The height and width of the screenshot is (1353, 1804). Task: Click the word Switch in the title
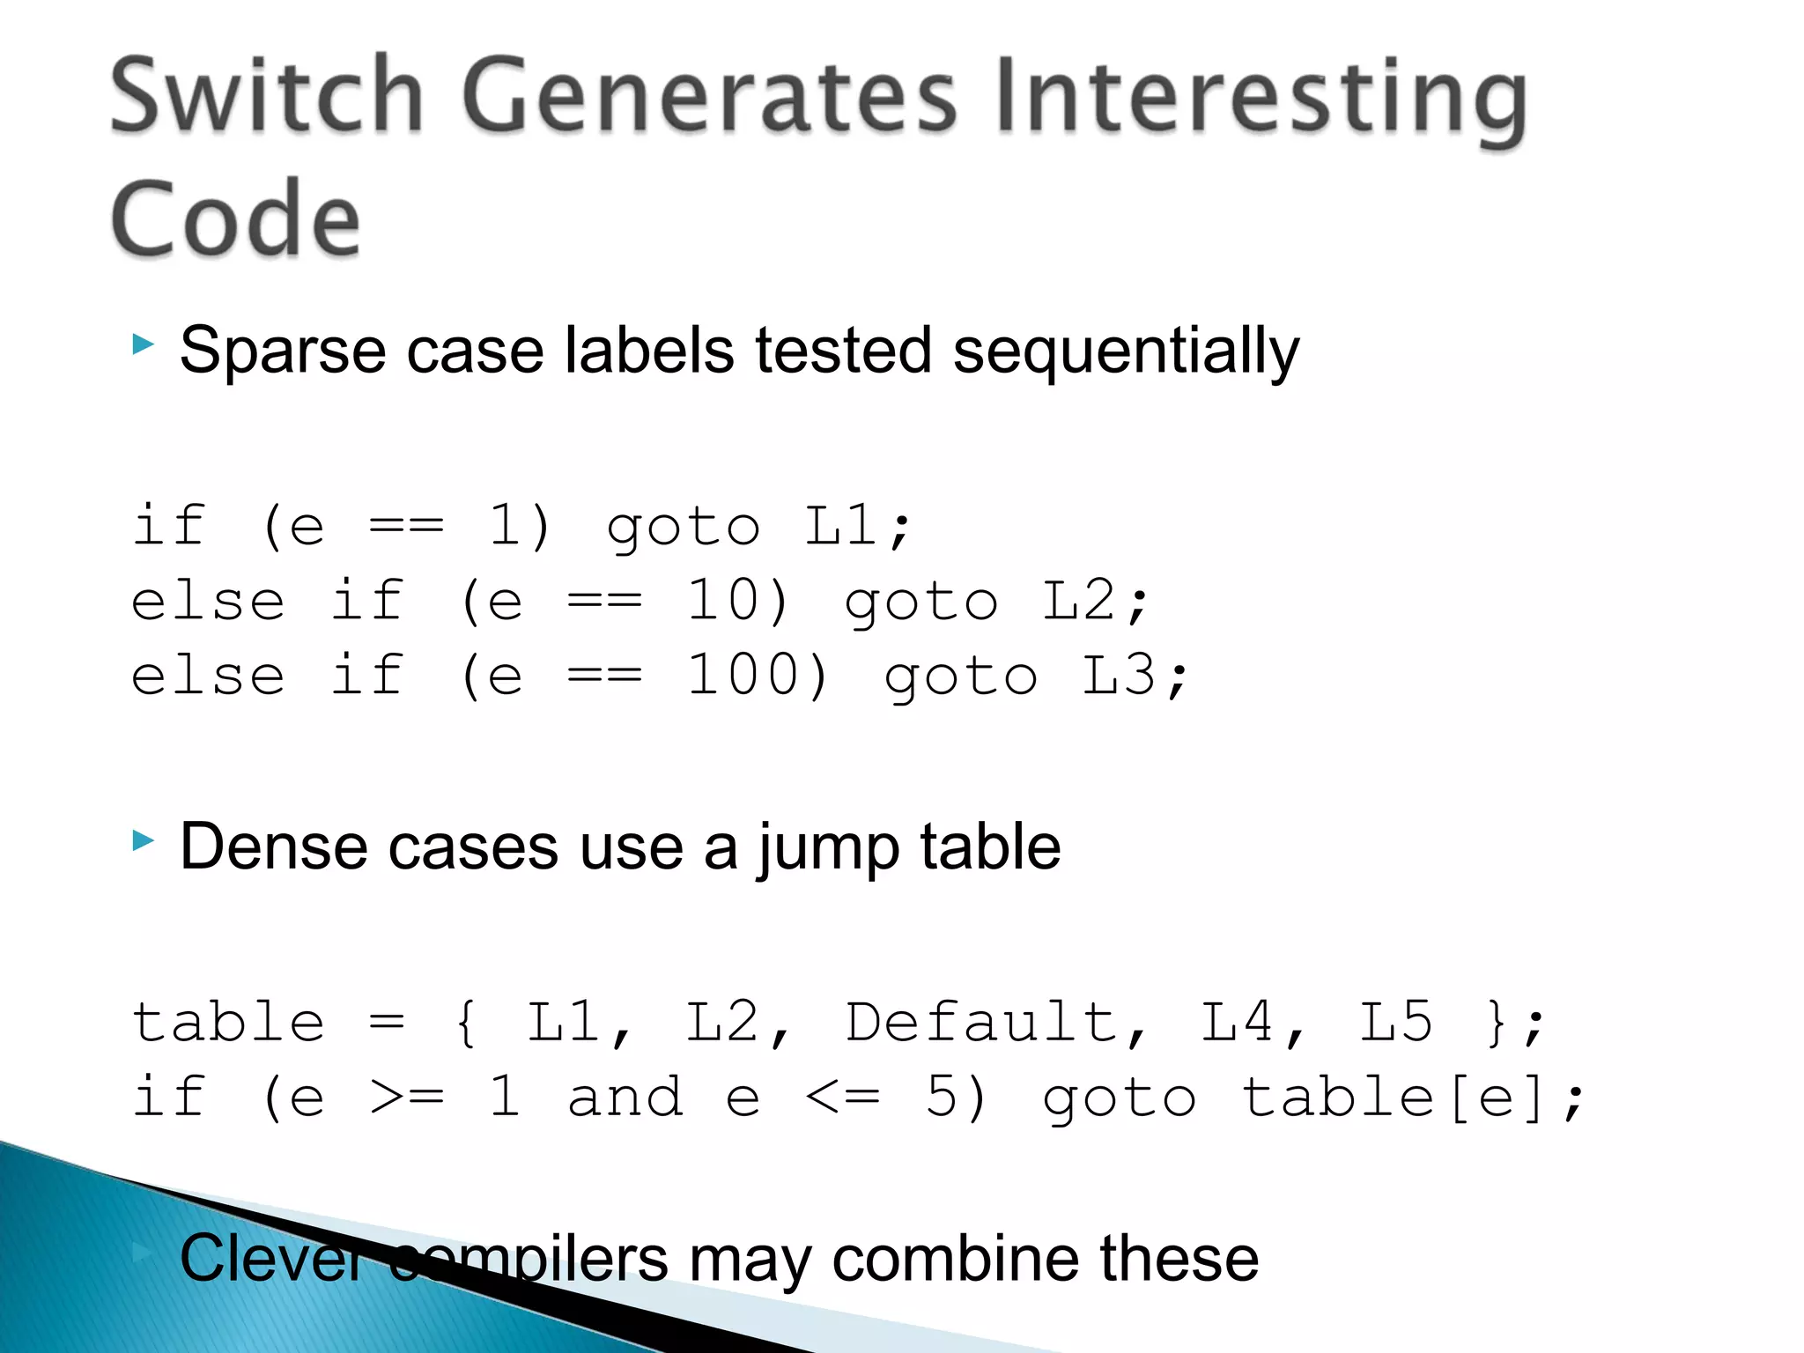coord(267,95)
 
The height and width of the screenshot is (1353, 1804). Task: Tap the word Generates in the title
coord(709,95)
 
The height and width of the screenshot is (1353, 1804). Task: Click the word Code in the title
coord(235,218)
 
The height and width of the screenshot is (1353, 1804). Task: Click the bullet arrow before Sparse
coord(143,344)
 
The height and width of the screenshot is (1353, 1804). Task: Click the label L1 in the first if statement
coord(841,526)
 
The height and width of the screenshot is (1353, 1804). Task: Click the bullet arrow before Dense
coord(143,840)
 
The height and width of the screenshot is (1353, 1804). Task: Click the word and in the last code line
coord(625,1098)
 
